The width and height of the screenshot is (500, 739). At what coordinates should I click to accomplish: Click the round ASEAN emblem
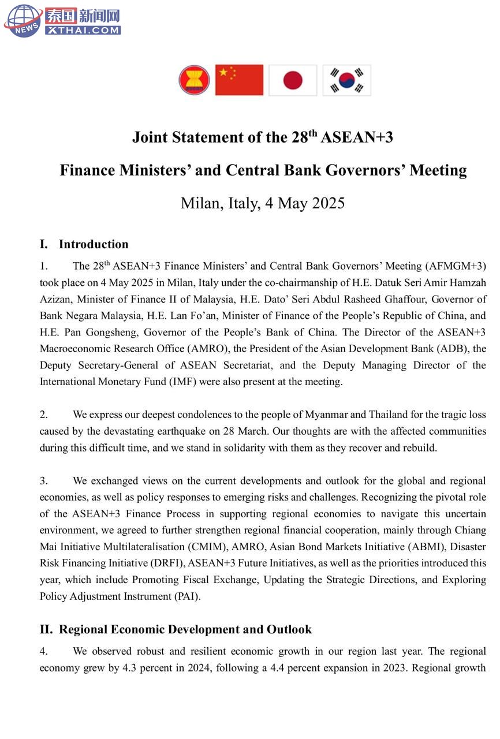click(x=194, y=80)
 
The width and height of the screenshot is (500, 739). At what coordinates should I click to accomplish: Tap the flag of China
click(x=239, y=80)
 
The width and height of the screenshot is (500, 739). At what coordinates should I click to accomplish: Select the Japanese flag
click(x=293, y=80)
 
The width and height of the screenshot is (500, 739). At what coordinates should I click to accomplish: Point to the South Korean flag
click(x=346, y=80)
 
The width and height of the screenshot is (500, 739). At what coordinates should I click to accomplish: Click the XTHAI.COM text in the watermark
click(x=83, y=30)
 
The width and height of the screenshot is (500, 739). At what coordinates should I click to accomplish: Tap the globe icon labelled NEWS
click(x=23, y=20)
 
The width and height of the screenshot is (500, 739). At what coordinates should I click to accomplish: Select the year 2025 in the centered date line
click(x=328, y=203)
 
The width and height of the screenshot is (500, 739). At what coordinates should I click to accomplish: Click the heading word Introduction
click(x=94, y=244)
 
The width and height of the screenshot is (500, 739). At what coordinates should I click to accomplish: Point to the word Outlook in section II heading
click(x=289, y=629)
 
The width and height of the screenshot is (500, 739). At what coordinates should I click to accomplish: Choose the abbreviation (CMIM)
click(x=207, y=547)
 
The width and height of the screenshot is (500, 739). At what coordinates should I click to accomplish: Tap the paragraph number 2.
click(x=43, y=415)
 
